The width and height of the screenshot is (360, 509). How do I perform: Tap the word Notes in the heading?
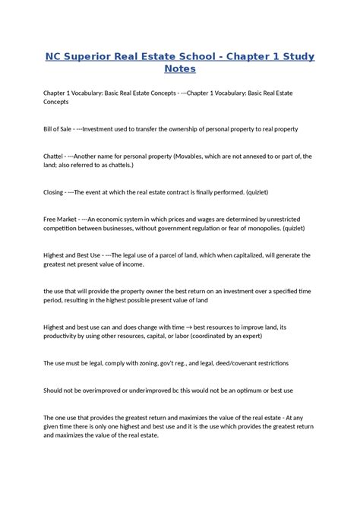click(180, 69)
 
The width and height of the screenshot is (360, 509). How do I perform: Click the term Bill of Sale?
click(58, 129)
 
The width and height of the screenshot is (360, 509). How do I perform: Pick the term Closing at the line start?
click(53, 192)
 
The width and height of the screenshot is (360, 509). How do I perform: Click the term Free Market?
click(62, 219)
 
